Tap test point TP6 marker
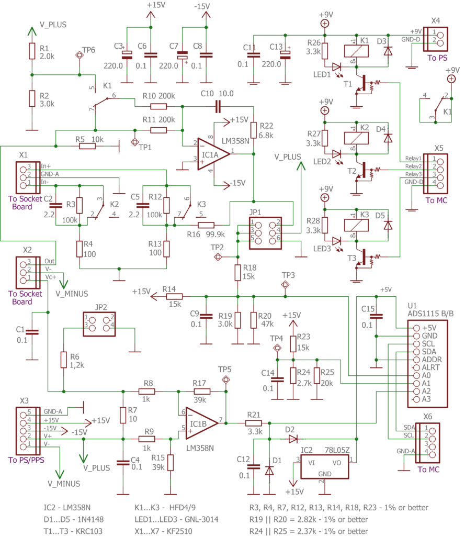pyautogui.click(x=80, y=55)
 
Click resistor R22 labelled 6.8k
pyautogui.click(x=254, y=130)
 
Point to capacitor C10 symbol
pyautogui.click(x=218, y=107)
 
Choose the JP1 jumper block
pyautogui.click(x=265, y=233)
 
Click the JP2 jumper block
pyautogui.click(x=99, y=324)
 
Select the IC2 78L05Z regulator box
pyautogui.click(x=325, y=466)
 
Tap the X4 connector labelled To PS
pyautogui.click(x=436, y=39)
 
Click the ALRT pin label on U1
pyautogui.click(x=430, y=367)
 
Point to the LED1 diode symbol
pyautogui.click(x=336, y=67)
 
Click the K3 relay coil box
pyautogui.click(x=356, y=225)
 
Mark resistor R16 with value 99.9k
pyautogui.click(x=206, y=225)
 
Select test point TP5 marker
pyautogui.click(x=225, y=379)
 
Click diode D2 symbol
pyautogui.click(x=293, y=439)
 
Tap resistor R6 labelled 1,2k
pyautogui.click(x=63, y=360)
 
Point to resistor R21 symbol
pyautogui.click(x=254, y=423)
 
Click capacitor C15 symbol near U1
pyautogui.click(x=376, y=316)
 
